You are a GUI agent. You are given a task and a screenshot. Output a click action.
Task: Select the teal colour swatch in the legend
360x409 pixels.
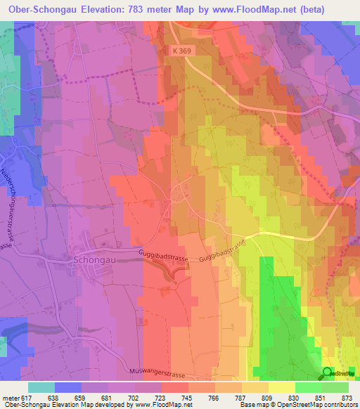tap(41, 387)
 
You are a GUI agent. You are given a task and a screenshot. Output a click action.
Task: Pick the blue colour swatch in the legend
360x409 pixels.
tap(68, 387)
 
